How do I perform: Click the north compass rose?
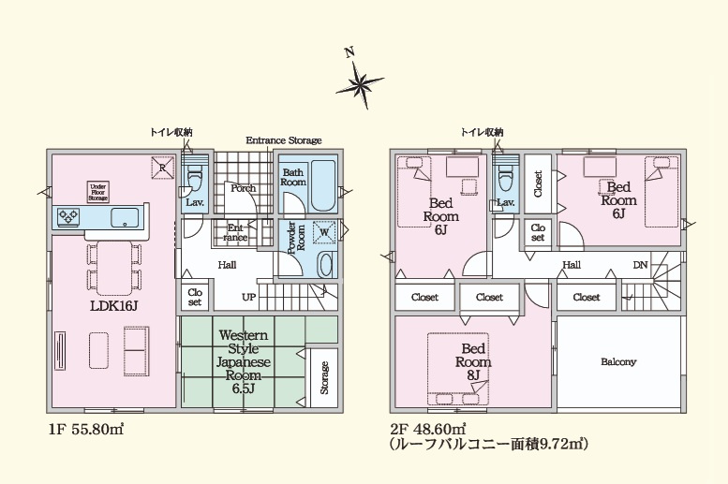pyautogui.click(x=360, y=84)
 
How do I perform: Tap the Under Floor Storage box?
pyautogui.click(x=98, y=192)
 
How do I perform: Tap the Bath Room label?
pyautogui.click(x=293, y=177)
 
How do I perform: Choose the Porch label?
pyautogui.click(x=244, y=188)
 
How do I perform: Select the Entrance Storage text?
pyautogui.click(x=283, y=140)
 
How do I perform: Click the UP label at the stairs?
pyautogui.click(x=249, y=297)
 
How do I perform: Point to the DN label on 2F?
pyautogui.click(x=640, y=265)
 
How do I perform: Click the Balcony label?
pyautogui.click(x=617, y=361)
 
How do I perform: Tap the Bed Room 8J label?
pyautogui.click(x=473, y=360)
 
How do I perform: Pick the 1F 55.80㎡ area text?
pyautogui.click(x=84, y=429)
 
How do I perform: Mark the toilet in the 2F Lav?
pyautogui.click(x=505, y=178)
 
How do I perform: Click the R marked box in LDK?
pyautogui.click(x=161, y=169)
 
